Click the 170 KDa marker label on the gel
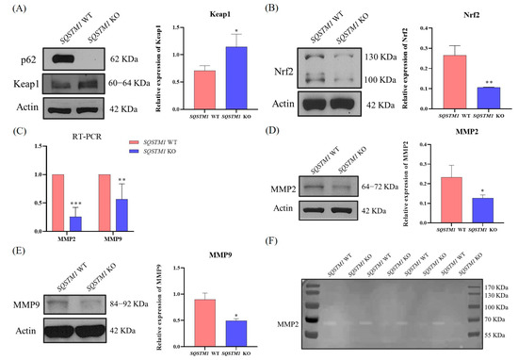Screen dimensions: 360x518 point(496,285)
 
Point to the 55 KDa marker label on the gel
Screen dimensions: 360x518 point(496,335)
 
